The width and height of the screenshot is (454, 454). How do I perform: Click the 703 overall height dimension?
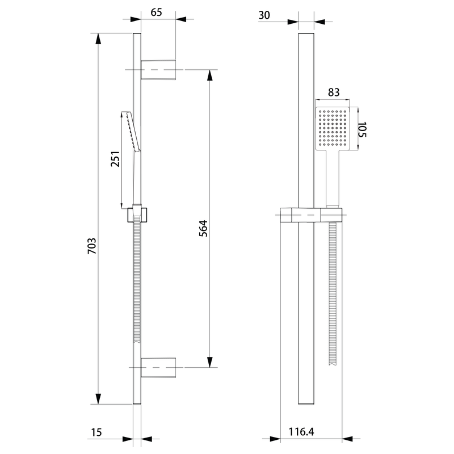[x=92, y=246]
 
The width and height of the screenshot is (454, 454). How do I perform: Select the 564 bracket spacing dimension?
[x=204, y=229]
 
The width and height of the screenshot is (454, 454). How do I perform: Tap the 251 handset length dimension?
[x=115, y=159]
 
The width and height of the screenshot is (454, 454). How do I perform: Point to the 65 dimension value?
[x=156, y=12]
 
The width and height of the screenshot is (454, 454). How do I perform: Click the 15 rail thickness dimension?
[x=96, y=432]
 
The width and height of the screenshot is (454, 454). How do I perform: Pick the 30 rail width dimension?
[x=264, y=15]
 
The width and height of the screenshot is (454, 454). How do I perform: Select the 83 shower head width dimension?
[x=334, y=92]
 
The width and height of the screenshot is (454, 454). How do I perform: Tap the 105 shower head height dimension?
[x=362, y=129]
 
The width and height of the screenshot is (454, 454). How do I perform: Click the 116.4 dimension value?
[x=301, y=432]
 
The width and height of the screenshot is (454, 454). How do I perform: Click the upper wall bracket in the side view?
[x=158, y=70]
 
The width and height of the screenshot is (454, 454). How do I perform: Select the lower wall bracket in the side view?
[x=158, y=367]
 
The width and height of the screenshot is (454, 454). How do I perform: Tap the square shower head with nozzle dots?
[x=333, y=129]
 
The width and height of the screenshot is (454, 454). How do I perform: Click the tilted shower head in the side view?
[x=131, y=131]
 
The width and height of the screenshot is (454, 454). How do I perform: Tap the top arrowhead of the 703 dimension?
[x=98, y=39]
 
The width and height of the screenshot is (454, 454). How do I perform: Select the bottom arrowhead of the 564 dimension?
[x=210, y=362]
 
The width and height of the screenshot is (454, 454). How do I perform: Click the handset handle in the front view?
[x=333, y=178]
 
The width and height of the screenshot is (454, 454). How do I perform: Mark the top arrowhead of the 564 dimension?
[x=210, y=75]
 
